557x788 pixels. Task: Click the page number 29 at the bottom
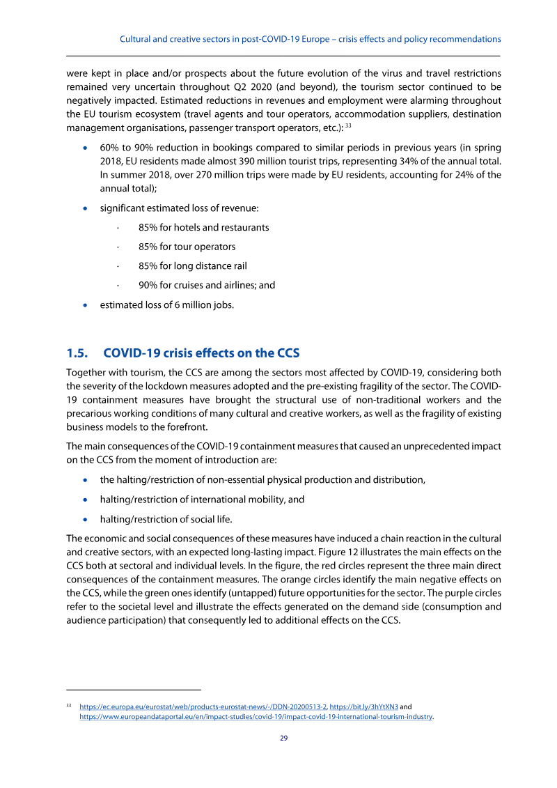pos(283,739)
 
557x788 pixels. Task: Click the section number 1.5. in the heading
pos(79,353)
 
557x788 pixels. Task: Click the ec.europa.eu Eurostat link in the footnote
pos(198,706)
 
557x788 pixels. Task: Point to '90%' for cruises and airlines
pos(148,285)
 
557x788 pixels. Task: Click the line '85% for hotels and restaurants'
pos(203,227)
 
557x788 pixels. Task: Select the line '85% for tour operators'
pos(187,247)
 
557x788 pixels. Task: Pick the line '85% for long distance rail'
pos(192,265)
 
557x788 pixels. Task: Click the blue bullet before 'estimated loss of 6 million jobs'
pos(85,304)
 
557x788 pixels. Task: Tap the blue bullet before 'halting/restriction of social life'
pos(85,519)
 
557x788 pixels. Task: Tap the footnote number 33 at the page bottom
pos(69,705)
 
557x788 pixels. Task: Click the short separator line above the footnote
pos(133,687)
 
